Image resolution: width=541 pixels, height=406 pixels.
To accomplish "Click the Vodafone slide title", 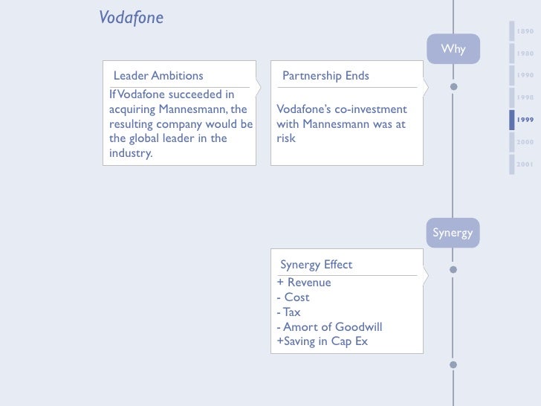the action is point(131,17).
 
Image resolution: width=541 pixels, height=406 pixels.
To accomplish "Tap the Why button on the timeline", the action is point(453,49).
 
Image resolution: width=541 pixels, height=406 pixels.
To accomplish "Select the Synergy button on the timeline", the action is point(453,233).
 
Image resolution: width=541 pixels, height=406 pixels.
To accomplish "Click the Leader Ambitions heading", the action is point(158,76).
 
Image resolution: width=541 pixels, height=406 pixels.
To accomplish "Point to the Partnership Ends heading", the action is point(325,76).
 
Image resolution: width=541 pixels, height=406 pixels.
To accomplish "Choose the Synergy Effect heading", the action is point(316,265).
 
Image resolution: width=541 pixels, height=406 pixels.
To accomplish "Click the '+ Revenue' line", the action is point(304,283).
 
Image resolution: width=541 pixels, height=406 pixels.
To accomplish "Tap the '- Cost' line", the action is point(293,297).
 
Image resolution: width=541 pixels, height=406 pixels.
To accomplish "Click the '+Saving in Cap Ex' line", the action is point(322,342).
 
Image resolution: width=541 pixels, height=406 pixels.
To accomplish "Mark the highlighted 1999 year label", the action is point(525,120).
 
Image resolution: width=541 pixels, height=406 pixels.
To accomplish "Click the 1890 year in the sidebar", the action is point(525,31).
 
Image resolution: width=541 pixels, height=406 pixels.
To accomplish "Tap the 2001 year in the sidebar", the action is point(525,164).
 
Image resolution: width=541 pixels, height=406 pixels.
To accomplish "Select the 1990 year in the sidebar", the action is point(525,76).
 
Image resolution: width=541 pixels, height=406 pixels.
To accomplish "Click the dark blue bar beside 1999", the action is point(511,120).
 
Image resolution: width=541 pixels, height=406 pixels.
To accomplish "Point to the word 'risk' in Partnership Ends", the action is point(286,138).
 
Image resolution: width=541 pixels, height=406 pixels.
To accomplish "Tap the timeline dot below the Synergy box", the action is point(453,269).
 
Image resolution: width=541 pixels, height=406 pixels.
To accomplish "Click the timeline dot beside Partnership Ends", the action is point(453,86).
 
